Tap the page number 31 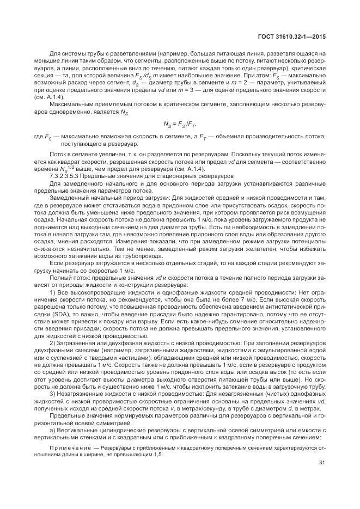pyautogui.click(x=322, y=463)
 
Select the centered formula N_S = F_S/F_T pyautogui.click(x=180, y=124)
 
